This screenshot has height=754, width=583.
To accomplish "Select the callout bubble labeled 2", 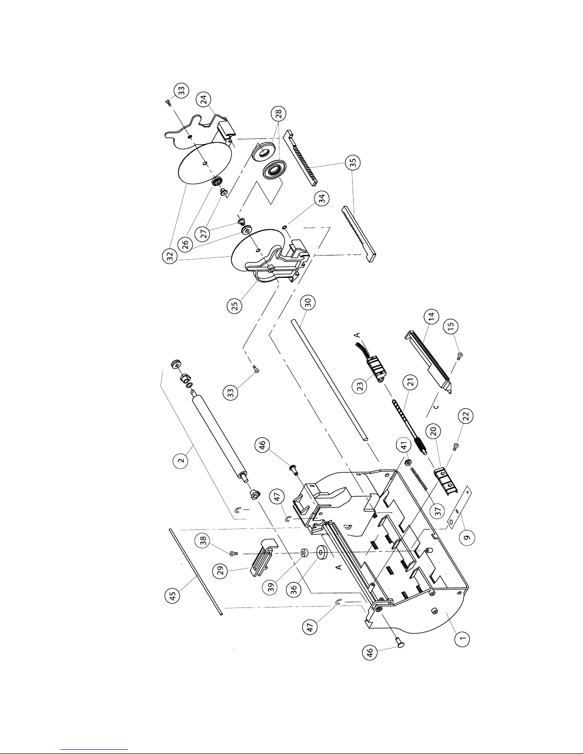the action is [x=180, y=461].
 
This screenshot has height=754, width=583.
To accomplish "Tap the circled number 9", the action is [x=467, y=538].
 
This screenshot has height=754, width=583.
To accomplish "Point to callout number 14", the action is [x=431, y=316].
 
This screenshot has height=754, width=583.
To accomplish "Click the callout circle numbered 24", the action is [x=204, y=99].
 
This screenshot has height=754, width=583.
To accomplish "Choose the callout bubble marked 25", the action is [x=235, y=306].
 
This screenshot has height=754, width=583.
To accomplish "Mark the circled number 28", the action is [x=279, y=113].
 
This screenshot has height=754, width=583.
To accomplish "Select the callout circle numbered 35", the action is [x=353, y=162].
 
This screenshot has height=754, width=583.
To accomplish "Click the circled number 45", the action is [x=172, y=596].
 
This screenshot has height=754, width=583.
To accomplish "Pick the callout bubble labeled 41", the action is [x=404, y=446].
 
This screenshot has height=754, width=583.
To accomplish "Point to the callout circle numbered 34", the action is [x=322, y=198].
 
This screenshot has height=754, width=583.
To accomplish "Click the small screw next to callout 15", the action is [x=459, y=356].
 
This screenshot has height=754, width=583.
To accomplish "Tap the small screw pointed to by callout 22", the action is [x=455, y=446].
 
